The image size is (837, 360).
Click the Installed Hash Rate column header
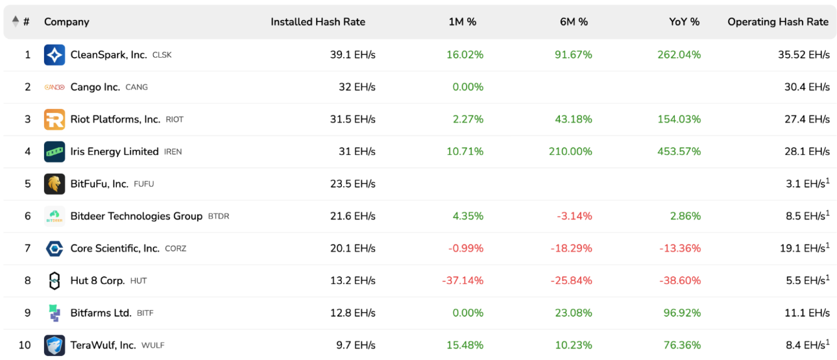pos(318,21)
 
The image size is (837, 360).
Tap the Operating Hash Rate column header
pos(778,21)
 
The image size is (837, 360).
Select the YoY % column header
pos(684,21)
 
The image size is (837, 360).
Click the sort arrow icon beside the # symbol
pos(16,21)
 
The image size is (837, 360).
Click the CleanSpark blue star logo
pos(55,55)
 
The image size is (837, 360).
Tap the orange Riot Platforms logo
pos(55,119)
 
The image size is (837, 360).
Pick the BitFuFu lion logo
pos(55,184)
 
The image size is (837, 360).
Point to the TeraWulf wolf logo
pos(55,345)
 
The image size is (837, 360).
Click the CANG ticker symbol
pos(136,87)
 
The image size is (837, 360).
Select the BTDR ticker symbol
pos(219,216)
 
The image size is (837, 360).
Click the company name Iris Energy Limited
pos(114,152)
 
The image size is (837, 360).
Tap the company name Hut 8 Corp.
pos(97,280)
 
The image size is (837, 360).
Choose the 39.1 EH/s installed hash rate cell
pos(353,55)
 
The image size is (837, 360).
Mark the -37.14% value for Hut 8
pos(463,280)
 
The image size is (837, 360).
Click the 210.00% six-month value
pos(570,152)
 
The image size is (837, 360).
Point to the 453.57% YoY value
pos(679,152)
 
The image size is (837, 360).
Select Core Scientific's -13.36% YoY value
pos(680,248)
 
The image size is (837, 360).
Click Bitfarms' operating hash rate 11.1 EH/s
pos(807,313)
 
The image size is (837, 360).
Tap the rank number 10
pos(25,345)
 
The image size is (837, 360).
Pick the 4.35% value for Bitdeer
pos(468,216)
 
